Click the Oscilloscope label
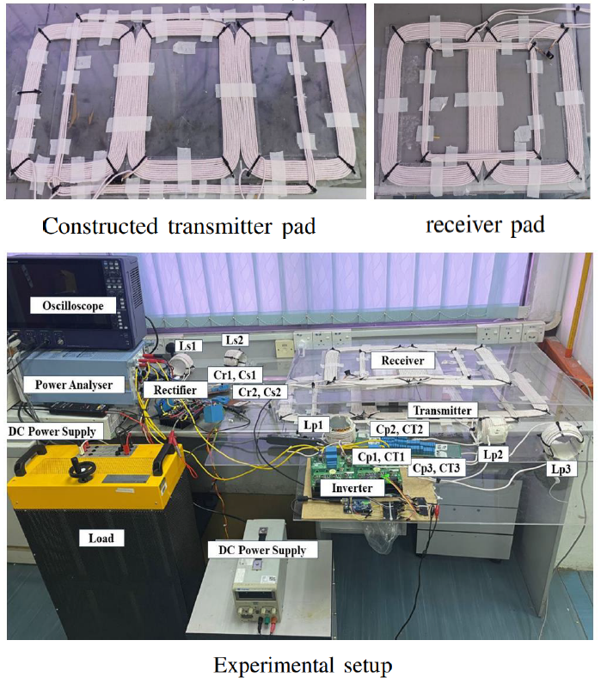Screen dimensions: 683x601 67,305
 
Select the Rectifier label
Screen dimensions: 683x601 176,390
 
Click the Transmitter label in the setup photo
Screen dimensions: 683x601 440,411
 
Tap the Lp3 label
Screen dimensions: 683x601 560,469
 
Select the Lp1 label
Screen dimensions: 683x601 314,425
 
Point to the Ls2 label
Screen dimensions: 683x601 235,340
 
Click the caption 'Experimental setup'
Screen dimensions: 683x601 302,664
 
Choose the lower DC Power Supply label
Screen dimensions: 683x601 263,549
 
